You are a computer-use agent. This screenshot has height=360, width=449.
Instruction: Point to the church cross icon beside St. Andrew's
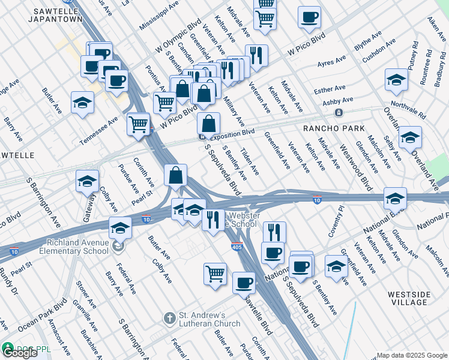(169, 317)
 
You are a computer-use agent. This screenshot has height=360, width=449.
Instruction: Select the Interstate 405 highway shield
(237, 246)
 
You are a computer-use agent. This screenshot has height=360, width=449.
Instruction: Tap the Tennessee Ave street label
(101, 123)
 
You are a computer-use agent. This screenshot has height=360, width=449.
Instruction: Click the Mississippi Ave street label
(159, 18)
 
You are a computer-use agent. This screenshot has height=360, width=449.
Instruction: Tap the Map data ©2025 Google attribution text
(412, 355)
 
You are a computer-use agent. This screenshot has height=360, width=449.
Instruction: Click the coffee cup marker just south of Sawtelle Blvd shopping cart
(243, 283)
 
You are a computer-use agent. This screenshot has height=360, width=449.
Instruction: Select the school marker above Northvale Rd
(396, 80)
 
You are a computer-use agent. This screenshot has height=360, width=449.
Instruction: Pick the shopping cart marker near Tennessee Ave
(139, 124)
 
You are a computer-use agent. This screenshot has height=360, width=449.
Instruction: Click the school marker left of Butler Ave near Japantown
(82, 103)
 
